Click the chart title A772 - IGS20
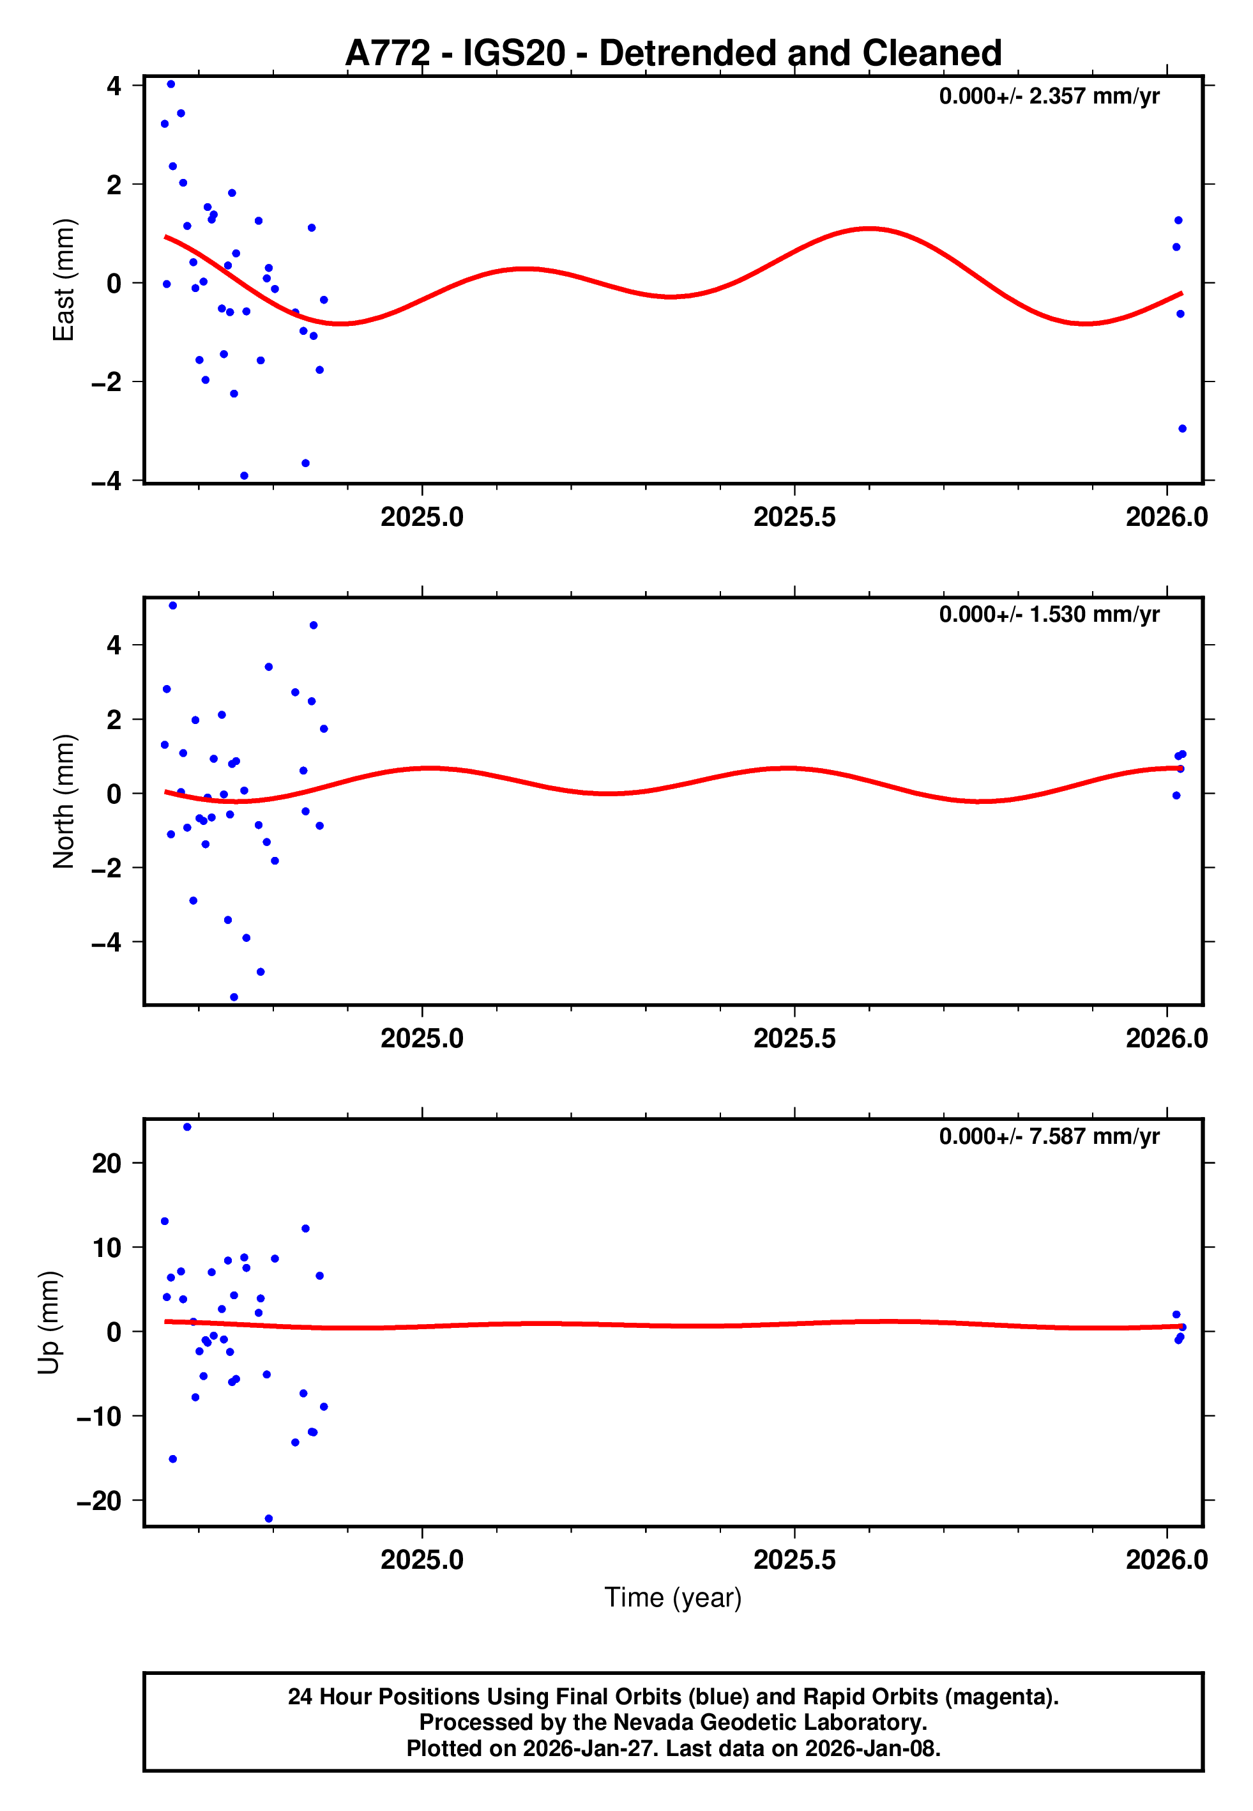(x=673, y=54)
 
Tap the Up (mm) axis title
(x=49, y=1323)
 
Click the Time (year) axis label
(x=673, y=1598)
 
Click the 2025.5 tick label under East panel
(x=794, y=517)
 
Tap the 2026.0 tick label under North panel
(x=1167, y=1038)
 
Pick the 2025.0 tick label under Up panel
(x=422, y=1560)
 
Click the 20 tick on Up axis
(x=107, y=1163)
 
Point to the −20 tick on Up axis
(x=99, y=1501)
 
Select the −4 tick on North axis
(x=106, y=942)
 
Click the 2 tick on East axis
(x=114, y=185)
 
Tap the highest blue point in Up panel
(x=187, y=1127)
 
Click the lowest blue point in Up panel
(x=268, y=1519)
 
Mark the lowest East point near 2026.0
(x=1182, y=429)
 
